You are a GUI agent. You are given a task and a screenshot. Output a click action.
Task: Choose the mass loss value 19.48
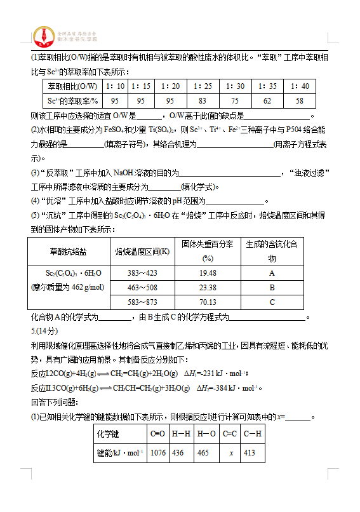click(207, 273)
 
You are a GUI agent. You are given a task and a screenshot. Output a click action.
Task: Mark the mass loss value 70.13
click(207, 302)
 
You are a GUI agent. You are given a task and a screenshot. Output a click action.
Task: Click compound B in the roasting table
click(272, 287)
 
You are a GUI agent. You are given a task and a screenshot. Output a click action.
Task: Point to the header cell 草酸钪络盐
click(69, 252)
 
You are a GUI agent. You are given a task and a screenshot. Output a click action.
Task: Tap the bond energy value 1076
click(158, 452)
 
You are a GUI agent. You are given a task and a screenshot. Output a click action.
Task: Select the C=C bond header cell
click(229, 435)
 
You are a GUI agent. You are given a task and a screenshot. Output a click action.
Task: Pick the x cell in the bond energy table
click(229, 452)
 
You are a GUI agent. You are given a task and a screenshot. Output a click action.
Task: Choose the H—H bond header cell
click(180, 435)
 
